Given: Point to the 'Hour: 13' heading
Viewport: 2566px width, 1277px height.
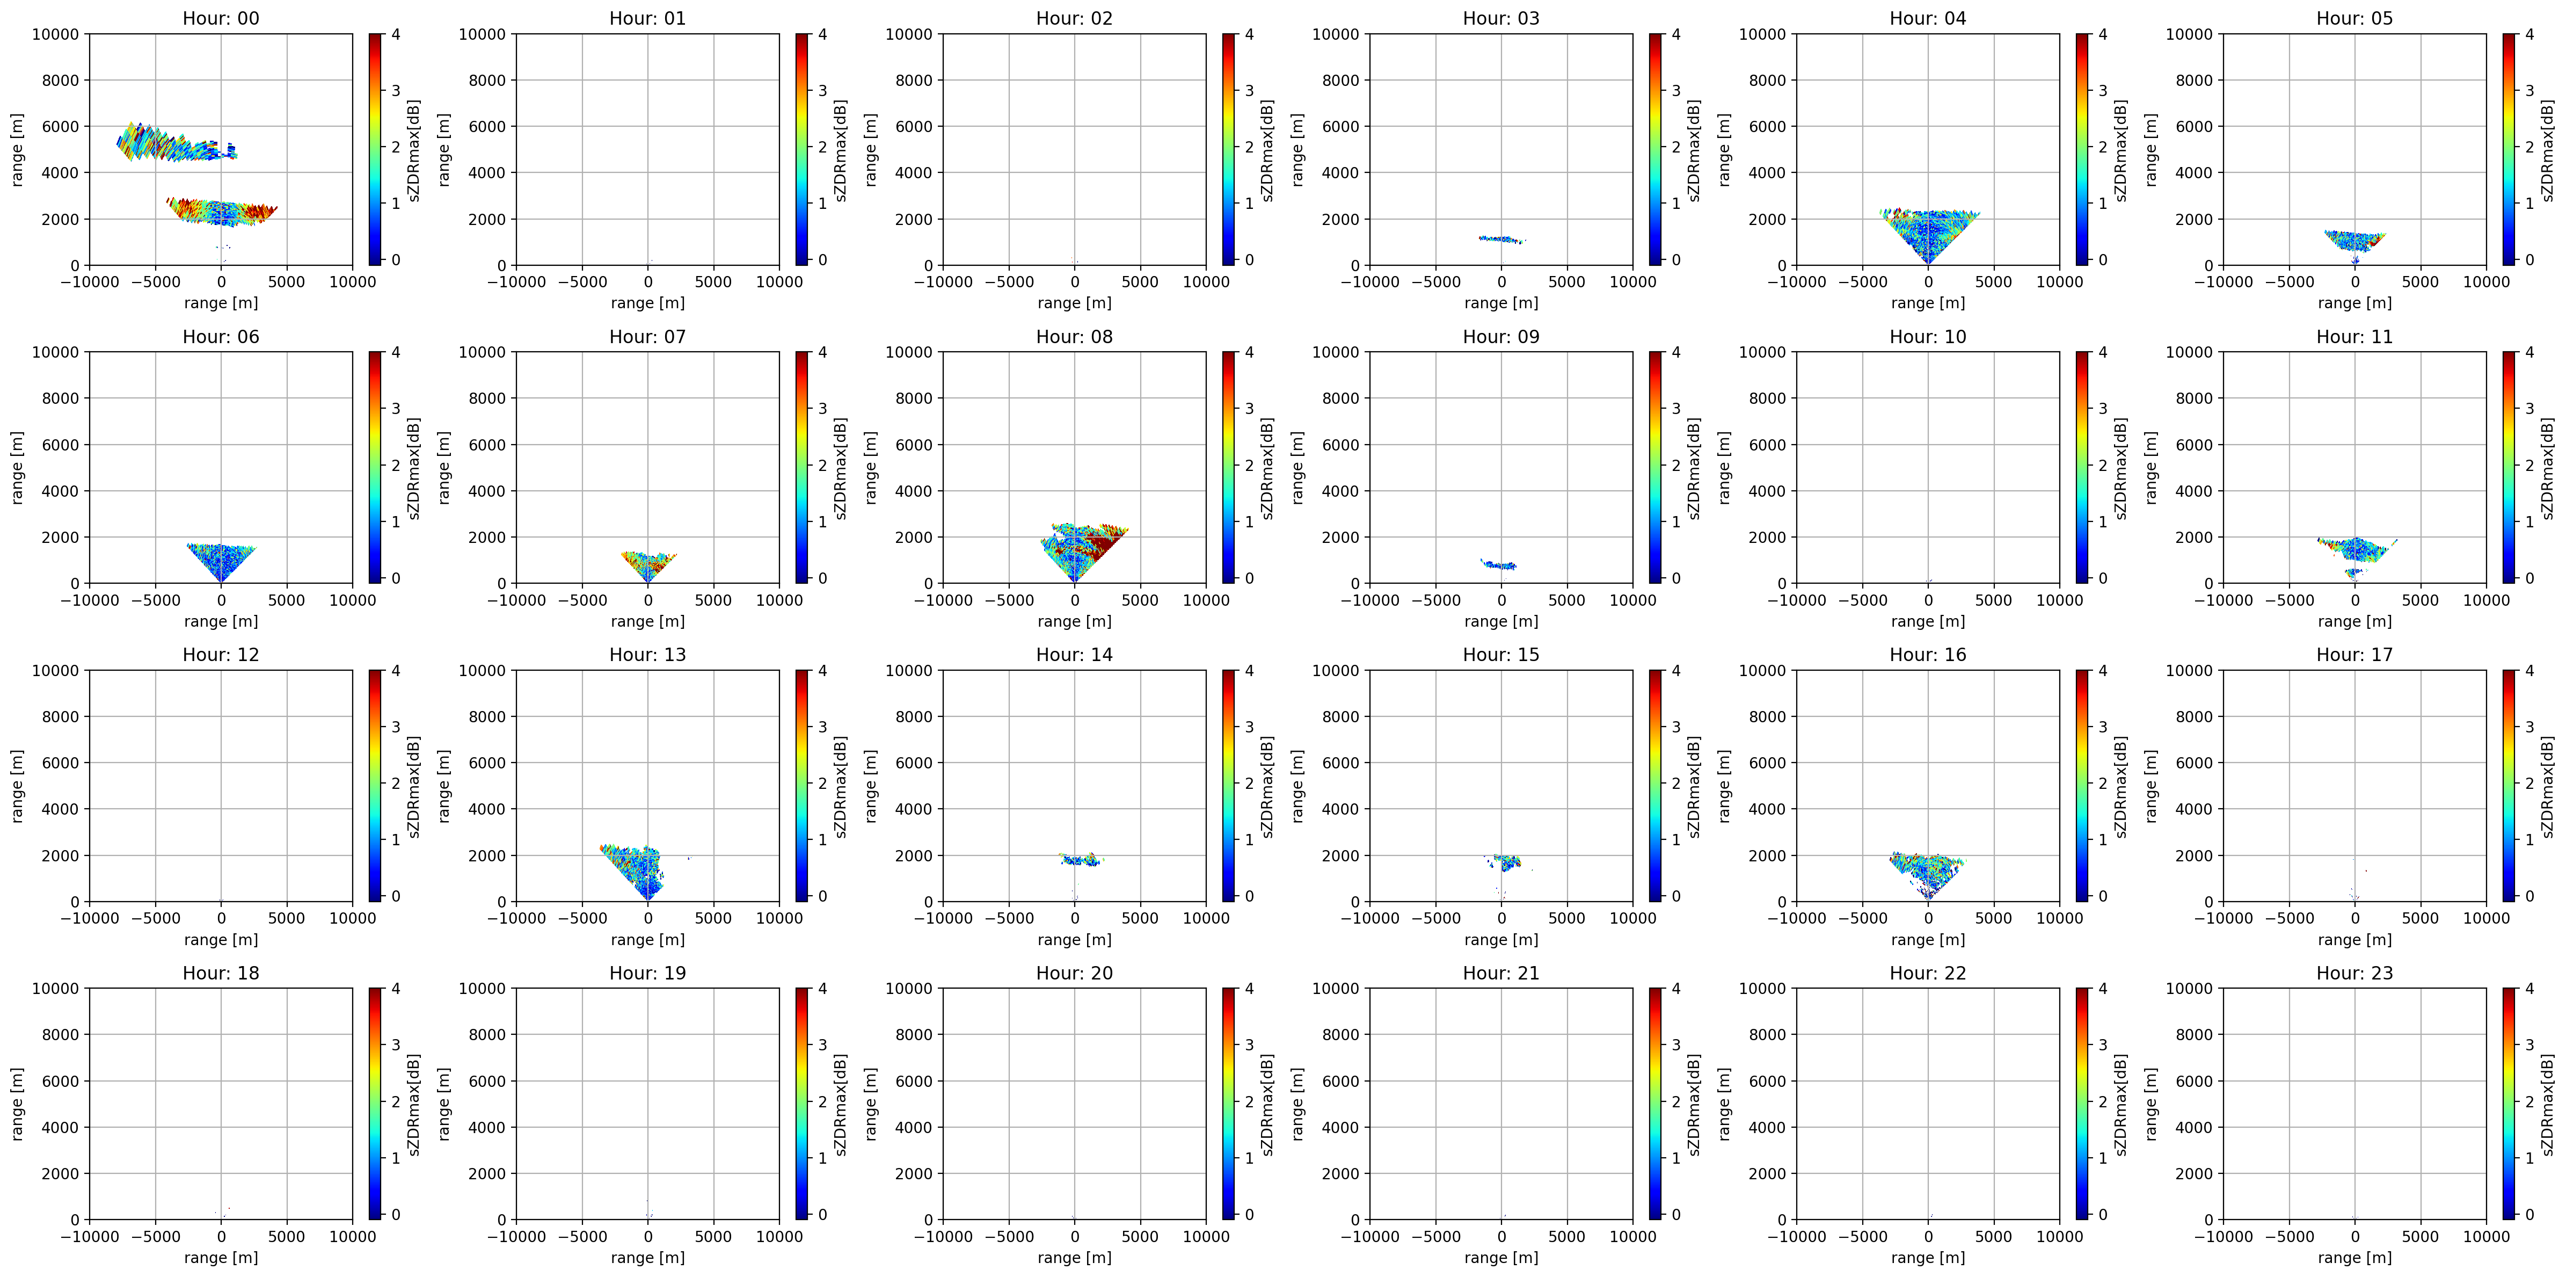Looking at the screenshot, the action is click(647, 655).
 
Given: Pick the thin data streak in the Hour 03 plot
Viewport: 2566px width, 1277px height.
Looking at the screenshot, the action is click(1501, 239).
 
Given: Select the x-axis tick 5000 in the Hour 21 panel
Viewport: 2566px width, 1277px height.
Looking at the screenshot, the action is click(1567, 1236).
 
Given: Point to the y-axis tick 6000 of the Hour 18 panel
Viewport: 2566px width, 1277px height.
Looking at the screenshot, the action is click(61, 1081).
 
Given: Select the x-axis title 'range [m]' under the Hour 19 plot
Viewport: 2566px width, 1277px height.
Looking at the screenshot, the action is click(647, 1257).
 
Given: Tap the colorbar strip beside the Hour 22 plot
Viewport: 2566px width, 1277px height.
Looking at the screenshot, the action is click(2082, 1104).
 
